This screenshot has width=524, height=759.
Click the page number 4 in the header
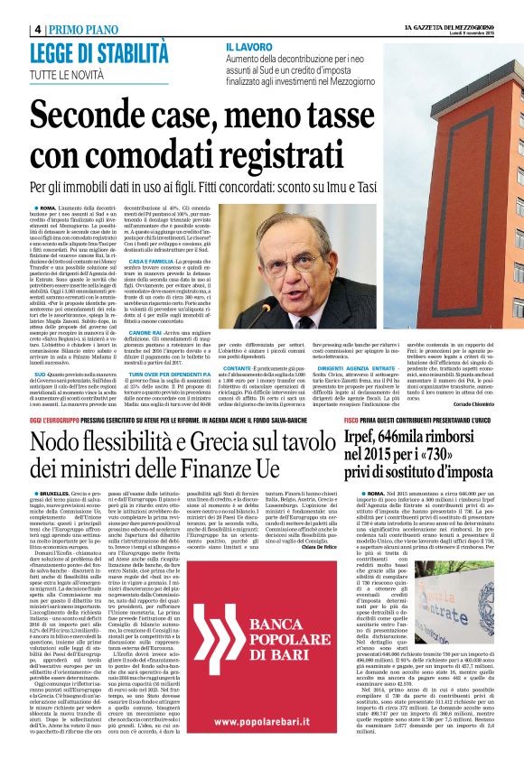pyautogui.click(x=36, y=29)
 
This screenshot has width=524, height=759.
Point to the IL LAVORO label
pyautogui.click(x=250, y=45)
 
